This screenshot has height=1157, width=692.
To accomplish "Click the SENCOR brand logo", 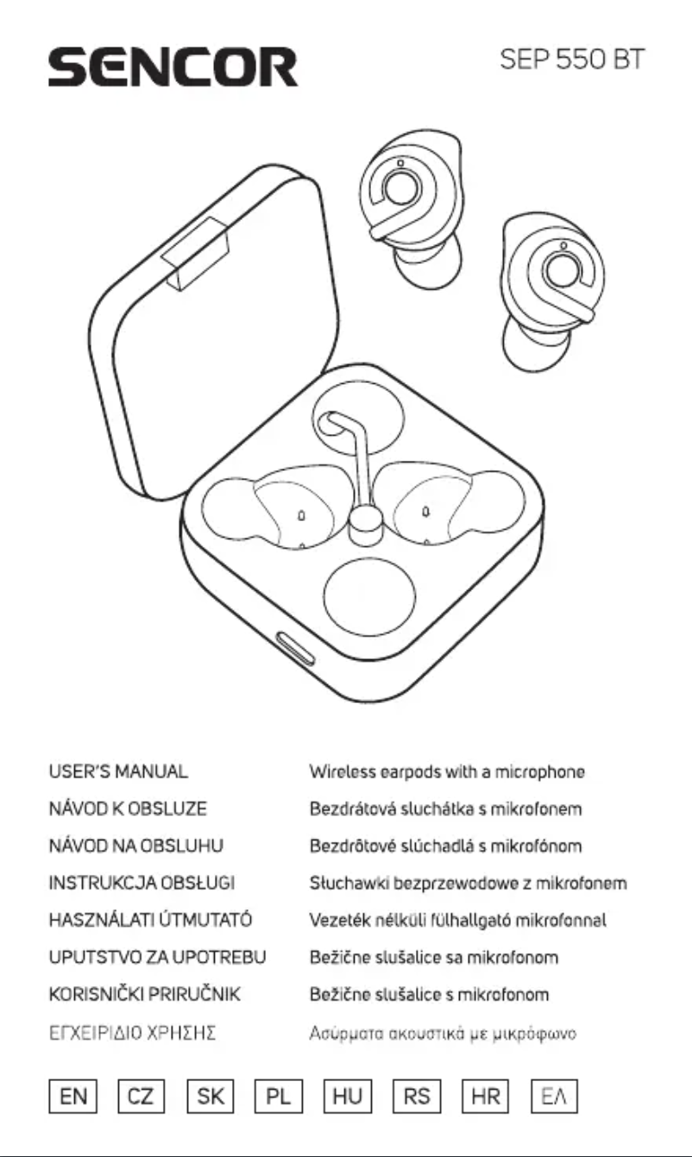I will [173, 66].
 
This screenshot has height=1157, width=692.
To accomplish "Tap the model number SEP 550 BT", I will [572, 61].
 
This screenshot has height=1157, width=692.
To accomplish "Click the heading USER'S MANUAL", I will [118, 772].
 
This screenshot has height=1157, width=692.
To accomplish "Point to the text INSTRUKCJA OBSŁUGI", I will [142, 883].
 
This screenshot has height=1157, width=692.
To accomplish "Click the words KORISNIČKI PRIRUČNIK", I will [144, 995].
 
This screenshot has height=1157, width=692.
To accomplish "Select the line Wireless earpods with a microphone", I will [447, 772].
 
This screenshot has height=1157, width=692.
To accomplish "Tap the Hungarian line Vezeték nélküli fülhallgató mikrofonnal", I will [457, 921].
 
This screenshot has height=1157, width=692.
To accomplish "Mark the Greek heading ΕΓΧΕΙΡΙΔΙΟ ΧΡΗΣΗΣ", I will [130, 1032].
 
